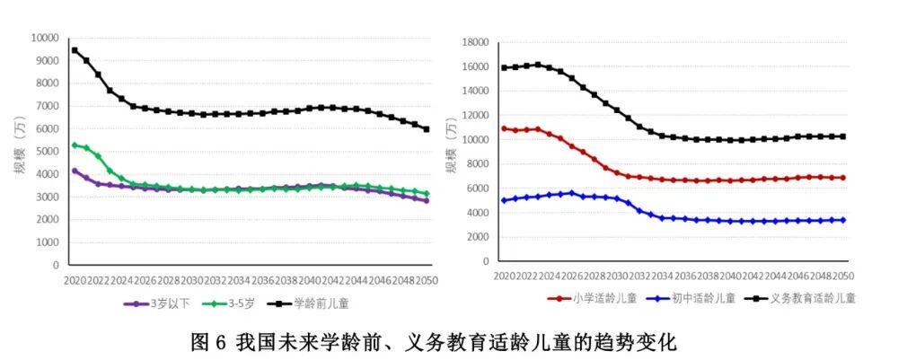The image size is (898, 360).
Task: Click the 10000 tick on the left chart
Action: (x=44, y=38)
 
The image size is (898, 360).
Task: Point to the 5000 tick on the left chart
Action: (x=47, y=152)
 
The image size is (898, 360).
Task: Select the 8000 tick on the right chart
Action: (x=478, y=163)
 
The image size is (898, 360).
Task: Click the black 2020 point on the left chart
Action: (x=75, y=50)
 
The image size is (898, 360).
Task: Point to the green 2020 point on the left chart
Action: (x=75, y=145)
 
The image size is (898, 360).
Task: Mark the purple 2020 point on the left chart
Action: (x=75, y=171)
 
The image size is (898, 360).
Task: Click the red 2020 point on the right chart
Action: (x=503, y=128)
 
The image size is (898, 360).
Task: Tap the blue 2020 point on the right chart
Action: (x=503, y=200)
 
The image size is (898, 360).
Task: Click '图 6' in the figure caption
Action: (x=208, y=342)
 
